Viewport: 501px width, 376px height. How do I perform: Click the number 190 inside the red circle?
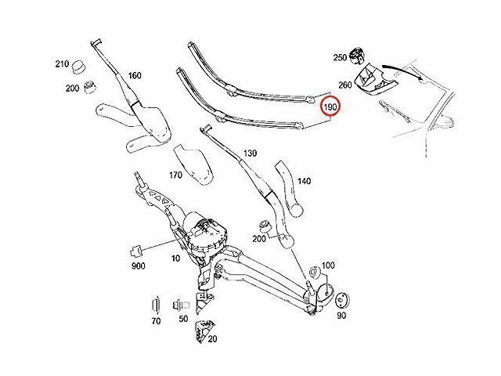point(331,106)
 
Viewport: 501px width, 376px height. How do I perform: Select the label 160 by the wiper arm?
point(134,76)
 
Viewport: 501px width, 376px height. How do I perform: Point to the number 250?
point(339,58)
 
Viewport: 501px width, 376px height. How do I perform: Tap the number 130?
point(250,154)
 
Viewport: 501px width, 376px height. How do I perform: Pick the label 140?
point(304,181)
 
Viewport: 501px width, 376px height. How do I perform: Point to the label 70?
point(156,320)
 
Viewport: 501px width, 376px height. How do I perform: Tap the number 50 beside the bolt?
point(182,320)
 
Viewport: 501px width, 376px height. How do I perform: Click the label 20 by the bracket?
point(213,338)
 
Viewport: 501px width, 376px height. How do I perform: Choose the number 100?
point(328,266)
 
